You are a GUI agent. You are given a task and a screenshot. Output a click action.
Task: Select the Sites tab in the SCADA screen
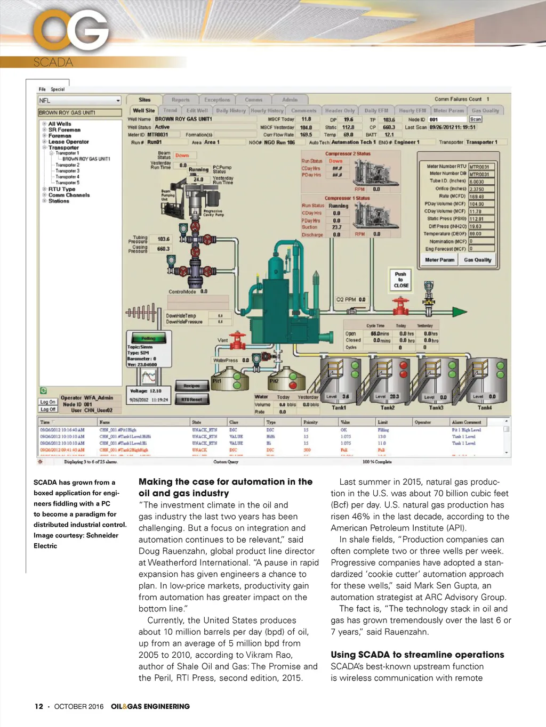tap(144, 100)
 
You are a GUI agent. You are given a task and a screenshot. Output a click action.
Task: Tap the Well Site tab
tap(143, 111)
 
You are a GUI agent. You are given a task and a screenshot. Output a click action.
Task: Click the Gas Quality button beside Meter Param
tap(477, 260)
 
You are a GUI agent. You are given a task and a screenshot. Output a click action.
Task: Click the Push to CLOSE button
tap(401, 280)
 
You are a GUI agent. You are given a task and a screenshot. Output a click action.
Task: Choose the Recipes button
tap(191, 386)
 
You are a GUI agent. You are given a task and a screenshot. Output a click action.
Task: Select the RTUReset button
tap(191, 399)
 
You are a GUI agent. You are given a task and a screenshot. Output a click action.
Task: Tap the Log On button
tap(48, 402)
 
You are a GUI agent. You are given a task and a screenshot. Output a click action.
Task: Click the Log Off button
tap(48, 409)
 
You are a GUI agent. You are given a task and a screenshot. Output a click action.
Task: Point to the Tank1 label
tap(339, 407)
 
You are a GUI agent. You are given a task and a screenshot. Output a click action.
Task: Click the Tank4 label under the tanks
tap(484, 407)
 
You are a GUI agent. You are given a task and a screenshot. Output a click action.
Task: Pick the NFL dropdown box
tap(80, 101)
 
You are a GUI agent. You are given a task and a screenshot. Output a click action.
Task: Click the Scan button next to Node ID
tap(476, 119)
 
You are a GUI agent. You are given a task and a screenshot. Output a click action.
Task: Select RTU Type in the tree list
tap(62, 189)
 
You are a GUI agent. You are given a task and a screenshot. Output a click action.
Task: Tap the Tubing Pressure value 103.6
tap(163, 239)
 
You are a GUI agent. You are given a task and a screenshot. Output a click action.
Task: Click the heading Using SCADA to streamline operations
tap(417, 655)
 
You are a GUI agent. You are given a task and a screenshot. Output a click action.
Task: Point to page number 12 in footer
tap(39, 706)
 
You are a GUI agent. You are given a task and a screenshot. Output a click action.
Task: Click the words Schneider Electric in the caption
tap(76, 540)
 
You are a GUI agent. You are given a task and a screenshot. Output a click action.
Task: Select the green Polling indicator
tap(148, 338)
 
